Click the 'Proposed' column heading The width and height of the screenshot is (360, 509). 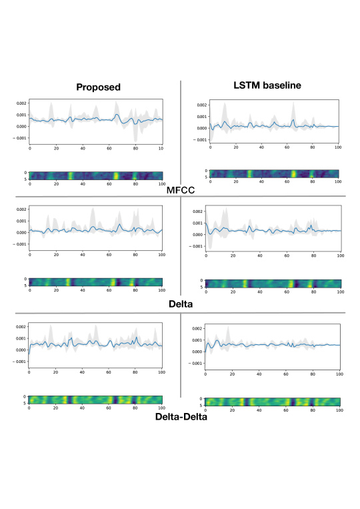(97, 87)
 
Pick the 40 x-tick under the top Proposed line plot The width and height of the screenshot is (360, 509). (83, 147)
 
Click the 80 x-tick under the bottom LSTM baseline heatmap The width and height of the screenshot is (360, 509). (312, 412)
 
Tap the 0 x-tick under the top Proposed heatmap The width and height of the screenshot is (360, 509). (30, 184)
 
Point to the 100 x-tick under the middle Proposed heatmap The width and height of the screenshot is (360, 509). (161, 292)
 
